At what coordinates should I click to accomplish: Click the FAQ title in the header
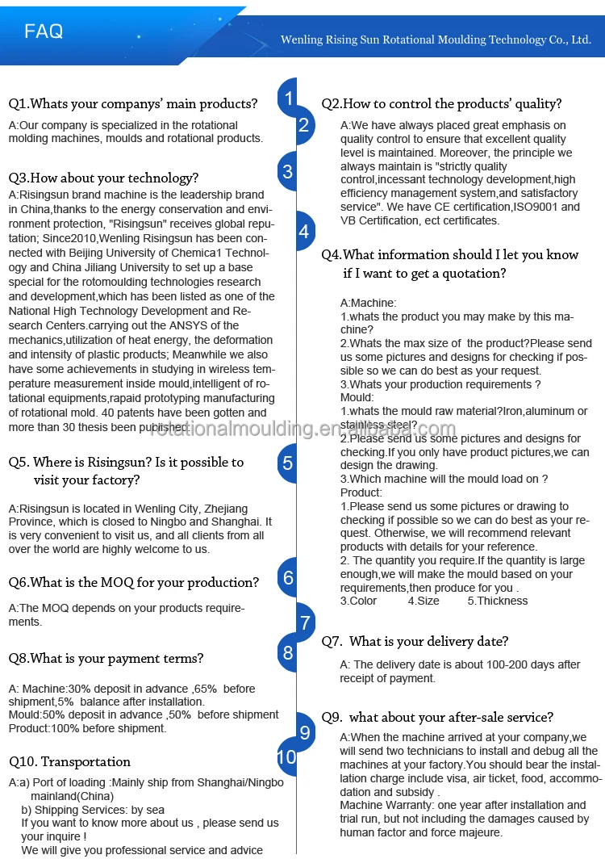[x=44, y=31]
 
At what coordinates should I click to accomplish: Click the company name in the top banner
[x=436, y=40]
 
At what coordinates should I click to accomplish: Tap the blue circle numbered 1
[x=288, y=98]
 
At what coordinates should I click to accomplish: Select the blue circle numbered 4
[x=303, y=232]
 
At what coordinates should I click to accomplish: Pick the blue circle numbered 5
[x=287, y=463]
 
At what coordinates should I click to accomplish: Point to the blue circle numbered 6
[x=287, y=578]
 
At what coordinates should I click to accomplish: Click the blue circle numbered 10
[x=286, y=756]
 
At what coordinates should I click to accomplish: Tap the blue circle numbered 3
[x=287, y=171]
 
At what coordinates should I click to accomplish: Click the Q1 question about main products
[x=133, y=103]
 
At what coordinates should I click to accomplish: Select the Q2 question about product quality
[x=441, y=103]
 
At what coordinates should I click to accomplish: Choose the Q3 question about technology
[x=103, y=178]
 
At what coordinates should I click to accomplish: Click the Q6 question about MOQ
[x=134, y=582]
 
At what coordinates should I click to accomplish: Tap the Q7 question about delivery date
[x=415, y=641]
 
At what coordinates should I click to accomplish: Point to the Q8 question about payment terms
[x=106, y=658]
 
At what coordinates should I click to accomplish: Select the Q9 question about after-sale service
[x=437, y=717]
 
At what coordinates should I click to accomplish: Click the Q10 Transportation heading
[x=69, y=761]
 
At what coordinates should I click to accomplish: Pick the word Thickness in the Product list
[x=503, y=601]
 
